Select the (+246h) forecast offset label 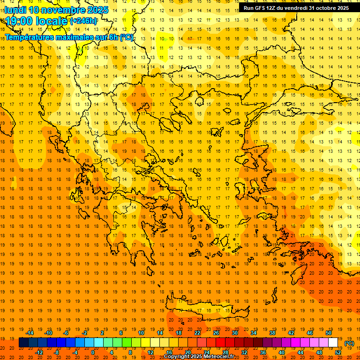click(x=83, y=21)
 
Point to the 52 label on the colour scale click(x=338, y=352)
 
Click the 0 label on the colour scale click(x=92, y=352)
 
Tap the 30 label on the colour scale click(x=234, y=333)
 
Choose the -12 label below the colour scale click(x=39, y=352)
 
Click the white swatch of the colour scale click(x=333, y=343)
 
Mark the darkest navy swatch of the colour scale click(x=23, y=343)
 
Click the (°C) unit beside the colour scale click(x=349, y=343)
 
